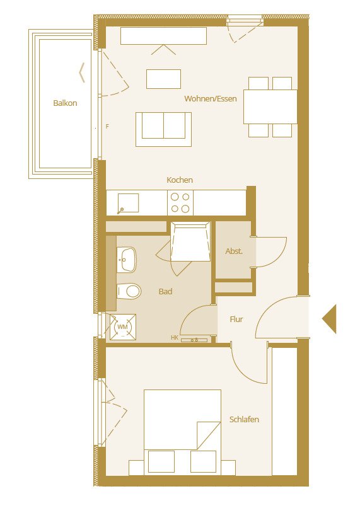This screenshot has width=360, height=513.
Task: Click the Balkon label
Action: click(65, 103)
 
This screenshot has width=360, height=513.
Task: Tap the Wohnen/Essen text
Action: click(211, 99)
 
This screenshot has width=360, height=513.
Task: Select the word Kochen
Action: click(180, 180)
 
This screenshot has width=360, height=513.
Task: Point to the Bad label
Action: click(165, 292)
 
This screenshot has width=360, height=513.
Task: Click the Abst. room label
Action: click(234, 251)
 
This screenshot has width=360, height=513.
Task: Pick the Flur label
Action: click(236, 320)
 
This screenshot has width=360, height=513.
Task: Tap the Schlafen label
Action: click(244, 420)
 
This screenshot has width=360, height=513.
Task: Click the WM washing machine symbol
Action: click(122, 327)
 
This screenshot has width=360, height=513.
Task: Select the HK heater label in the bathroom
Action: click(174, 338)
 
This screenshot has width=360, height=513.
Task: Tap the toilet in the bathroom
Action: click(129, 291)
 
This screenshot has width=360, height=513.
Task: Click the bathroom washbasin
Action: click(127, 258)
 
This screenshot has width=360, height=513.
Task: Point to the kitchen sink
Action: click(128, 202)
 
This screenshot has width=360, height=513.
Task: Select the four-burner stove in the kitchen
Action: click(180, 203)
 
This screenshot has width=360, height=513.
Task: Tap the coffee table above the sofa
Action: click(163, 79)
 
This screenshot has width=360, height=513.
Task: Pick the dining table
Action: click(270, 107)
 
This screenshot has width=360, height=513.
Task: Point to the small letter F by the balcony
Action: click(107, 127)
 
